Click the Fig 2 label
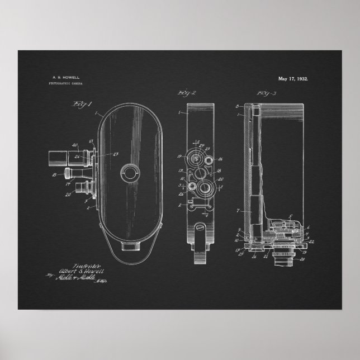[186, 92]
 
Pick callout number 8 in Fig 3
[237, 106]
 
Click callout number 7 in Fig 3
[238, 212]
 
